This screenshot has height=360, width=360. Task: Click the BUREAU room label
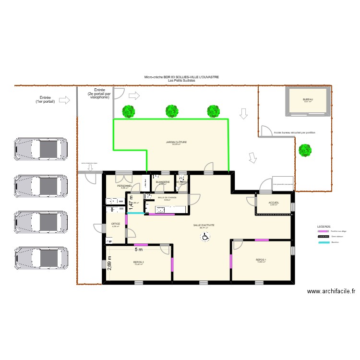tap(307, 99)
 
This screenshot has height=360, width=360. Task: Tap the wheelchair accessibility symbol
tap(204, 236)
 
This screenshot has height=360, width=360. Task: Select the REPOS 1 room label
tap(261, 260)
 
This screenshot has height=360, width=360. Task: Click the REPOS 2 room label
tap(139, 262)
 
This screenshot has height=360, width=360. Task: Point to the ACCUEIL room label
tap(274, 203)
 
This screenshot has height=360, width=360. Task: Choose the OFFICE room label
tap(115, 224)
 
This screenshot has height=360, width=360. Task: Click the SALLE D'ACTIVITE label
tap(204, 225)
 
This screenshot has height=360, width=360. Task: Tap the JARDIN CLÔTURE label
tap(176, 142)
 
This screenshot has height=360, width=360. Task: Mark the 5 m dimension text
tap(139, 250)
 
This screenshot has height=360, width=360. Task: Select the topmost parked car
tap(40, 149)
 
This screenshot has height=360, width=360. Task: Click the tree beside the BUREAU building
tap(304, 151)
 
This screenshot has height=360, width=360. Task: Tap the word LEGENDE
tap(324, 226)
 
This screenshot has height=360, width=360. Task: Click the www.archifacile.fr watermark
tap(331, 291)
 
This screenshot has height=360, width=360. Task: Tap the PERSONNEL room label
tap(125, 186)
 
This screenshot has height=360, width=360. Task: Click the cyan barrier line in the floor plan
tap(135, 213)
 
